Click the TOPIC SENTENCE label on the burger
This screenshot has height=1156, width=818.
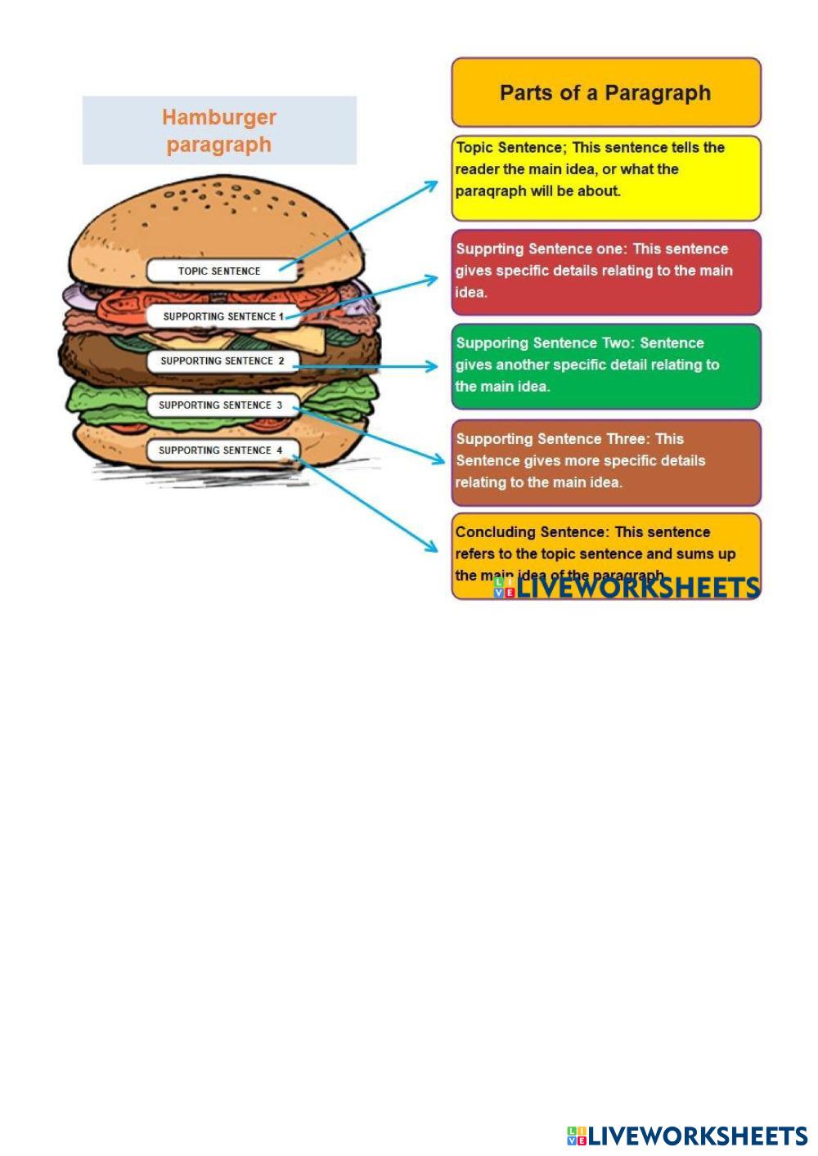click(x=219, y=271)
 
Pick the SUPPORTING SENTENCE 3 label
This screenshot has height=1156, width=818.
click(x=221, y=405)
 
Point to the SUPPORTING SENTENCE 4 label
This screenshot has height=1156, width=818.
click(x=221, y=450)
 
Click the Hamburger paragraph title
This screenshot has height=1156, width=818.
click(x=219, y=131)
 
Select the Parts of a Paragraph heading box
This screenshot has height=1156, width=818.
click(x=606, y=92)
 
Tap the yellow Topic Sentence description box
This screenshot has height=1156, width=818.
click(x=606, y=178)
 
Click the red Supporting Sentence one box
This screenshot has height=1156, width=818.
click(x=606, y=272)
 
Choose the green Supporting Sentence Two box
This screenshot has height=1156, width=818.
click(x=606, y=366)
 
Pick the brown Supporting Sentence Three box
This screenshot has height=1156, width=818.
click(x=606, y=462)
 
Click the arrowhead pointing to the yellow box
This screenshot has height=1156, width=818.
click(x=433, y=185)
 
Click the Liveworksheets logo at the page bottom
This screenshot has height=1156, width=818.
click(x=687, y=1136)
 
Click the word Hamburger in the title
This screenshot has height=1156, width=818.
click(x=219, y=117)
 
